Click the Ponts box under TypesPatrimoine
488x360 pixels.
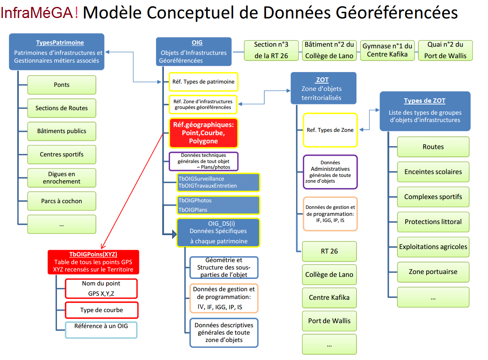tap(61, 85)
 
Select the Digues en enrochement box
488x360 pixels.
tap(61, 178)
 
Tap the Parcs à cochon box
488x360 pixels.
tap(61, 201)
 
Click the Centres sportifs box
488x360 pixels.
tap(61, 154)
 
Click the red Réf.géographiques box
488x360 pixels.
tap(204, 133)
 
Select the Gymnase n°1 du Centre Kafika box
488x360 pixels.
tap(387, 50)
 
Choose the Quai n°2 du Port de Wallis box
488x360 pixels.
tap(445, 50)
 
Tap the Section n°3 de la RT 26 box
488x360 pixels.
tap(271, 50)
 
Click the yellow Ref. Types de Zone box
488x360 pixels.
tap(330, 130)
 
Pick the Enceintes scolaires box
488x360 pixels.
tap(433, 172)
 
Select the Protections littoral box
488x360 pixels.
tap(433, 222)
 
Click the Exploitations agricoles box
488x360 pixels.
tap(433, 247)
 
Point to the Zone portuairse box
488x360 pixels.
tap(433, 272)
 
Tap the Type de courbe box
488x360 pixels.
tap(102, 310)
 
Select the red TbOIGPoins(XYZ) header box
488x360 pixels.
tap(93, 262)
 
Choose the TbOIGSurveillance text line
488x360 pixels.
tap(201, 179)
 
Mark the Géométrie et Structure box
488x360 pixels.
tap(224, 267)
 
